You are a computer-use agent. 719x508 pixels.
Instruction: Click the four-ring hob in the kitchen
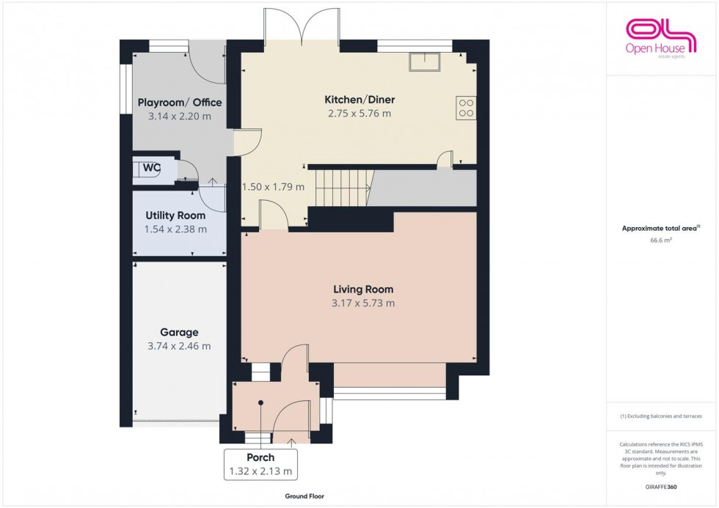pos(466,108)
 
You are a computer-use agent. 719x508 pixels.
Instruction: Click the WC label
pos(151,168)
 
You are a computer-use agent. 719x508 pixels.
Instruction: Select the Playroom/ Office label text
pos(180,103)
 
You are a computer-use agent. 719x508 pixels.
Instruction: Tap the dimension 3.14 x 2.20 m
pos(180,116)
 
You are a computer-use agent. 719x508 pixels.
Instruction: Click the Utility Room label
pos(175,216)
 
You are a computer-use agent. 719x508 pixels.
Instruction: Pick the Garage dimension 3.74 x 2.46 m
pos(180,346)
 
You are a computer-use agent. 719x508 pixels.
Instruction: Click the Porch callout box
pos(261,464)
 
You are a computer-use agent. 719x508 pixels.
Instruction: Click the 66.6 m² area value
pos(661,238)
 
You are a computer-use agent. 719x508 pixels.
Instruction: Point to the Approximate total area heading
pos(660,228)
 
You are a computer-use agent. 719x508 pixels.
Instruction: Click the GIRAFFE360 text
pos(661,487)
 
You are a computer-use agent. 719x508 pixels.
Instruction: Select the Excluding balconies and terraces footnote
pos(661,416)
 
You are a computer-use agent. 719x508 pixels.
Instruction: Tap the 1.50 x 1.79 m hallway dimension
pos(273,187)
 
